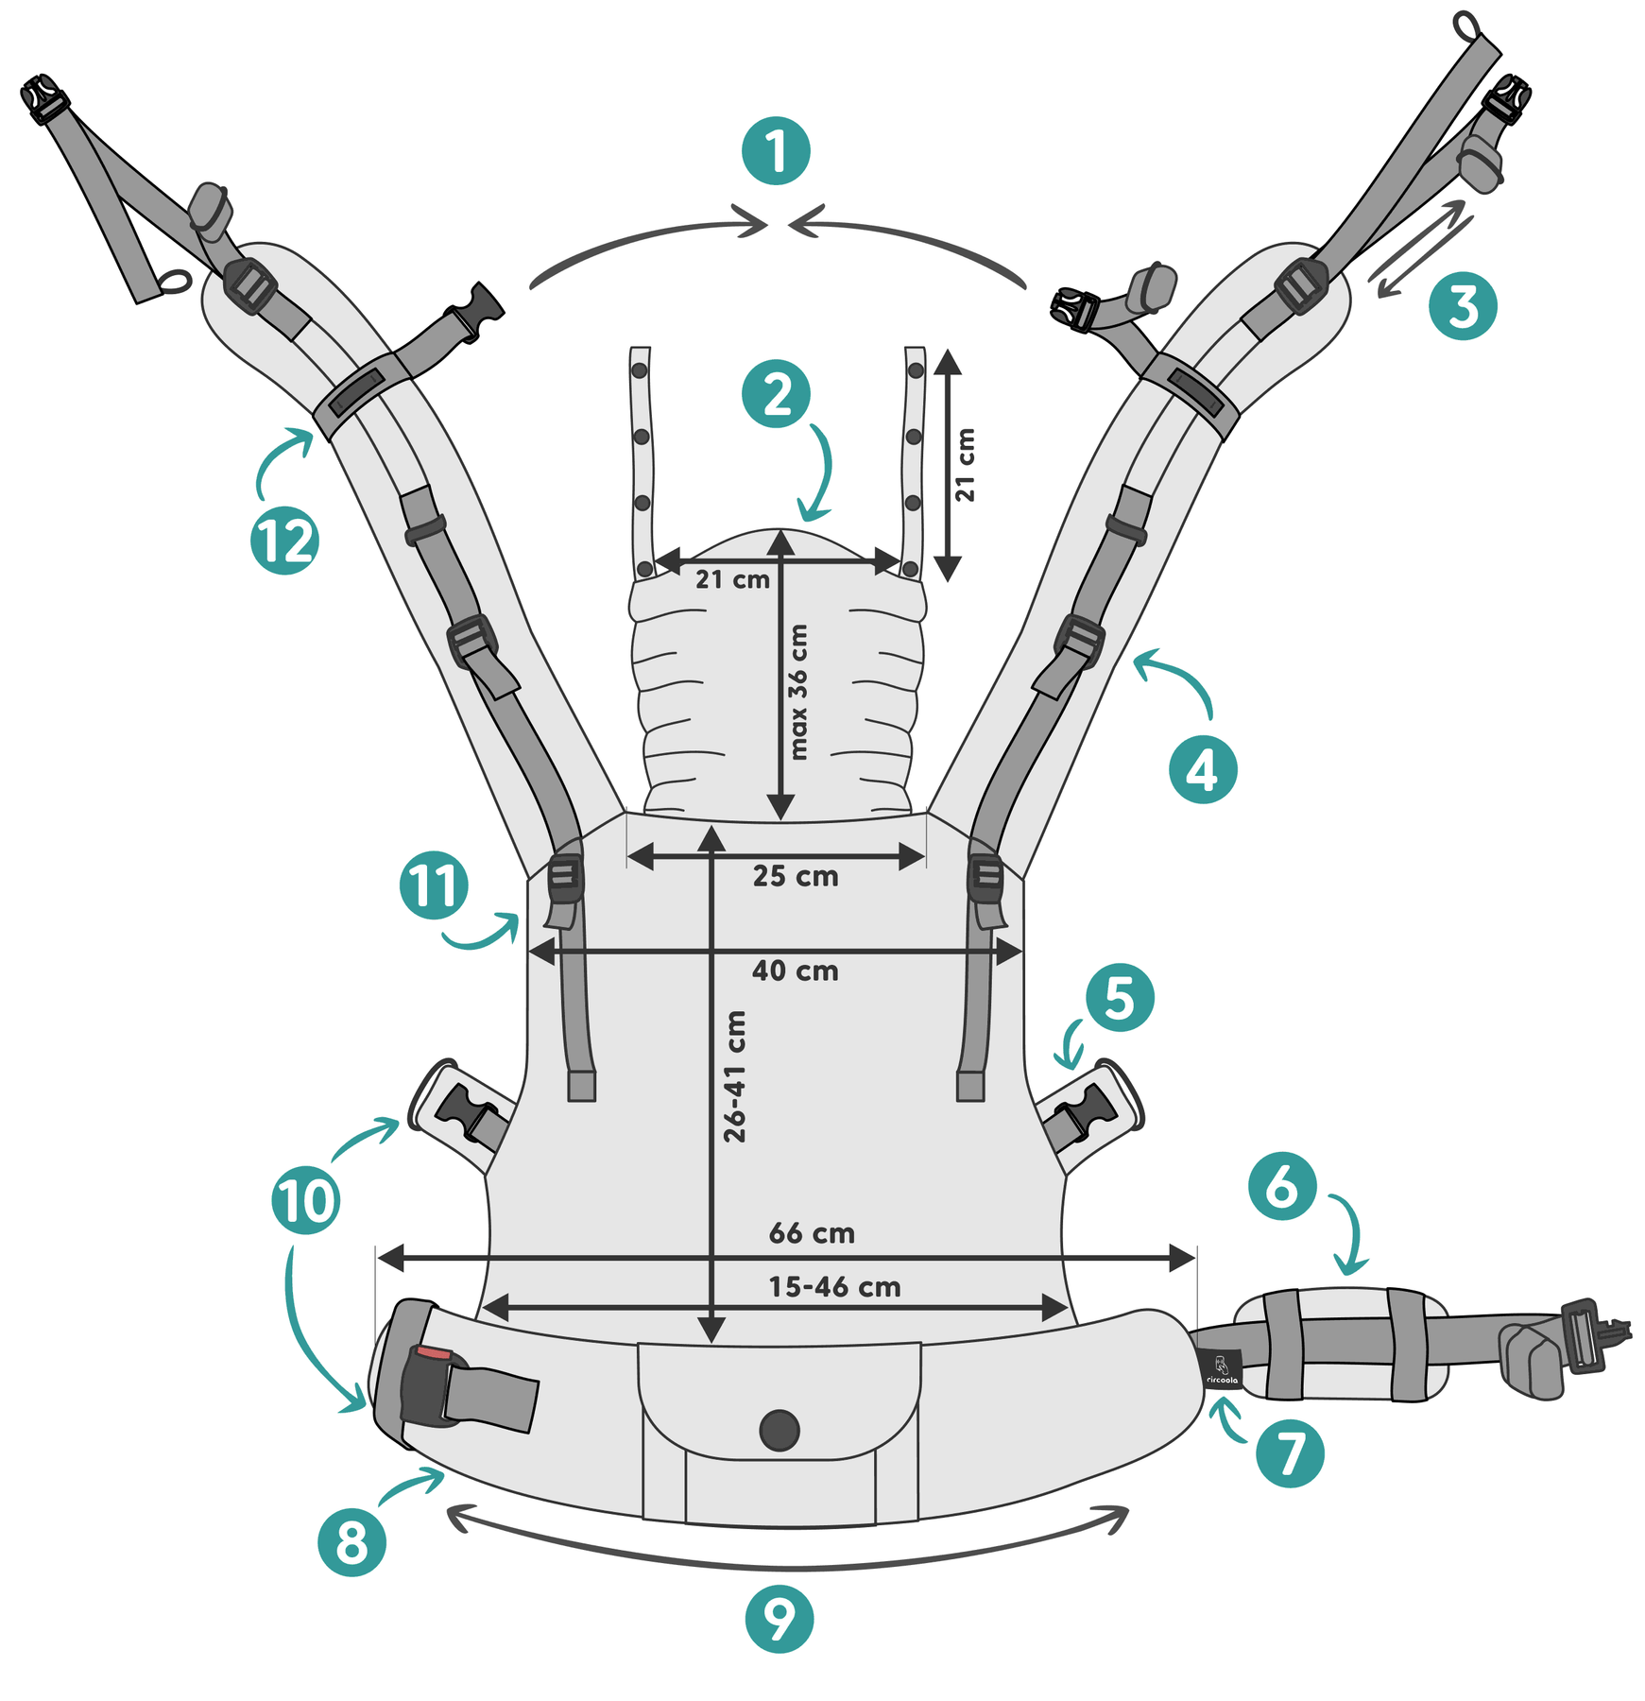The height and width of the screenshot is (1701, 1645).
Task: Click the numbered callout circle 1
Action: tap(776, 151)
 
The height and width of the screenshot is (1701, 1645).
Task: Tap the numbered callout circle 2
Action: tap(776, 394)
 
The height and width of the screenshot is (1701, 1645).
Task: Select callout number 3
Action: tap(1463, 306)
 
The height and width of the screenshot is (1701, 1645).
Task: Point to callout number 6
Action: tap(1282, 1186)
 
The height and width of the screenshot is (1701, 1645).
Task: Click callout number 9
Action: tap(780, 1619)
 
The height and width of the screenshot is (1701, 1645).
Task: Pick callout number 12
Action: tap(284, 541)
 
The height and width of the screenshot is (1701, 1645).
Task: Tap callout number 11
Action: tap(434, 885)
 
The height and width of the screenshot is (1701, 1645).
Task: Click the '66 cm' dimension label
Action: tap(812, 1233)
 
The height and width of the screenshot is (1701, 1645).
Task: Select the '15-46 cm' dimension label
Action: tap(834, 1287)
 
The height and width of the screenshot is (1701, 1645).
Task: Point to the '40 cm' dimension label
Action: tap(795, 971)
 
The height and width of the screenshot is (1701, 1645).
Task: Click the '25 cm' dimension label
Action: tap(796, 876)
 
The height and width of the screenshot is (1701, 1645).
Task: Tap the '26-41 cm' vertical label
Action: tap(735, 1076)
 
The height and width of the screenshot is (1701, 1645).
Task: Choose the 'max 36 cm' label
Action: tap(799, 692)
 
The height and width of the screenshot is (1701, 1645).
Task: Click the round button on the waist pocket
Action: tap(780, 1430)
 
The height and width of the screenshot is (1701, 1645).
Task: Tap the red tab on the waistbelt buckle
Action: tap(434, 1353)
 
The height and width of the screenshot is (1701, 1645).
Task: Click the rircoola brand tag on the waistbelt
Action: tap(1223, 1368)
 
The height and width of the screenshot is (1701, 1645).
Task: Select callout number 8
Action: tap(351, 1542)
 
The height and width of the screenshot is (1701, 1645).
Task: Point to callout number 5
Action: tap(1120, 998)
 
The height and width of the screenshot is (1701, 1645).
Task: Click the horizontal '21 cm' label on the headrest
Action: tap(732, 579)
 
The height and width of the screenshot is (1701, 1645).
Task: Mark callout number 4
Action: tap(1203, 770)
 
